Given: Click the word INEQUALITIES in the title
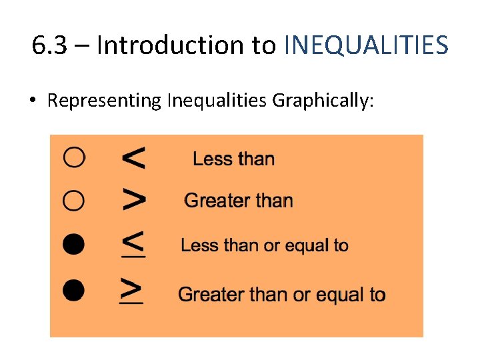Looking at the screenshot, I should click(366, 45).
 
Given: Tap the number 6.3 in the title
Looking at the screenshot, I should click(50, 45).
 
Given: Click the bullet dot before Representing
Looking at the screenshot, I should click(32, 101).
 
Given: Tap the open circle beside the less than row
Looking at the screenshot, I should click(74, 158).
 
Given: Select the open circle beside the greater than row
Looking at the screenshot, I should click(74, 200).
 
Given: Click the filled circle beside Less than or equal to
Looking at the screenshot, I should click(74, 245).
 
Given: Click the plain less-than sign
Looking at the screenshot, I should click(133, 158).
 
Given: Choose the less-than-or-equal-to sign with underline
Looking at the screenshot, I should click(133, 244).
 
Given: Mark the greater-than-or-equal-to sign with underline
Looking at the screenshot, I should click(131, 291).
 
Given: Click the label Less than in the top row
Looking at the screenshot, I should click(233, 159).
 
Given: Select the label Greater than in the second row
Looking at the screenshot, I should click(238, 201).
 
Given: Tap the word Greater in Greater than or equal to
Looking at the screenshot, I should click(209, 294).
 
